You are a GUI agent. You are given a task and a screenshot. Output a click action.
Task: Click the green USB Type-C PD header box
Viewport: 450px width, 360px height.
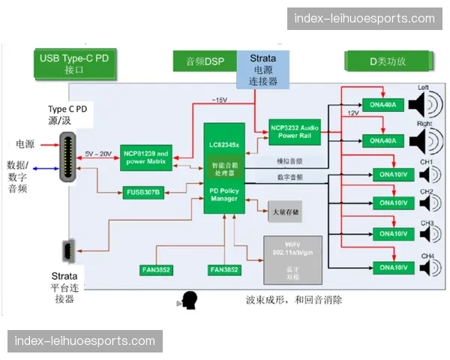(75, 63)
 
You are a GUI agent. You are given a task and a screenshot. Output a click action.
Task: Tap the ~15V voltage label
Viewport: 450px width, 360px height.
(220, 100)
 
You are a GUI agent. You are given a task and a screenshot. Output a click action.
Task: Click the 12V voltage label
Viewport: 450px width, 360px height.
(352, 112)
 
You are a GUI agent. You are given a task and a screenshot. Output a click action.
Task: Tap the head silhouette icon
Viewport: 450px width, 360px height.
(188, 301)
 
